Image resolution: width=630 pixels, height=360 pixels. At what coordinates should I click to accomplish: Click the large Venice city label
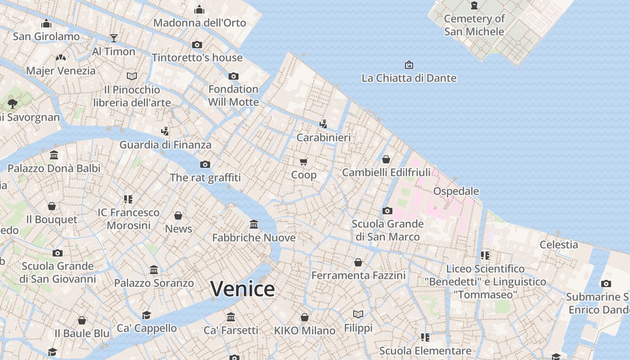point(243,288)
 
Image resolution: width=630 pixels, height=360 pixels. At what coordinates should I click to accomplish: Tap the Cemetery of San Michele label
point(474,25)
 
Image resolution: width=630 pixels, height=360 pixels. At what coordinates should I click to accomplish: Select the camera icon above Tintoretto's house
point(197,45)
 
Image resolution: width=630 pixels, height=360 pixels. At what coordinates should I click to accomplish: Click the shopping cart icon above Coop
point(304,161)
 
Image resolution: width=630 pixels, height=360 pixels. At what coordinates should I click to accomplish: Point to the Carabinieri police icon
point(323,124)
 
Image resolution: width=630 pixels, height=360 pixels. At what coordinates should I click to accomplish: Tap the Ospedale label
point(456,191)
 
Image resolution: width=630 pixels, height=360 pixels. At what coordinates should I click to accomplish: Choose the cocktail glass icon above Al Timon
point(114,38)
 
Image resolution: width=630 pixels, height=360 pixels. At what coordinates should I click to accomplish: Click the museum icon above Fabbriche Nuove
point(254,224)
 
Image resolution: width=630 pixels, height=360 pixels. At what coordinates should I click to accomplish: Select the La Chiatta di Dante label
point(409,78)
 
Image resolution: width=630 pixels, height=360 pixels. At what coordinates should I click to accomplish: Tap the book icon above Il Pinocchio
point(132,76)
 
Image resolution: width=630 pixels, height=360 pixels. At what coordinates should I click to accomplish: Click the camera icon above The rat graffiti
point(205,164)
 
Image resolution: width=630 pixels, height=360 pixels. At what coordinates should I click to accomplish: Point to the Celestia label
point(558,245)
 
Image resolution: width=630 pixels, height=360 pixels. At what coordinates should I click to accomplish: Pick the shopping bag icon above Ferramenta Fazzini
point(358,262)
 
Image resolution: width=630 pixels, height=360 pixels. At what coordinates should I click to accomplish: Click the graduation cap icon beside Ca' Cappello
point(146,315)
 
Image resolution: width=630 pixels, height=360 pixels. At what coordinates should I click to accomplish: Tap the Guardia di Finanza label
point(165,145)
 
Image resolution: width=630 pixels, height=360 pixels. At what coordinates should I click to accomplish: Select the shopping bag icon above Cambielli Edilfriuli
point(386,159)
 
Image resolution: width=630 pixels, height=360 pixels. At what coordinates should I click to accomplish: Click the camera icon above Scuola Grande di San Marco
point(387,211)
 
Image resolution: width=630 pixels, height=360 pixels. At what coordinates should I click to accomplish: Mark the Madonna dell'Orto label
point(199,23)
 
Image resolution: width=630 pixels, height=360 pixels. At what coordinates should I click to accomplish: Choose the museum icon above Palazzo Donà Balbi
point(54,155)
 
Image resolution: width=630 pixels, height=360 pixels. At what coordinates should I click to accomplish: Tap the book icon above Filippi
point(358,314)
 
